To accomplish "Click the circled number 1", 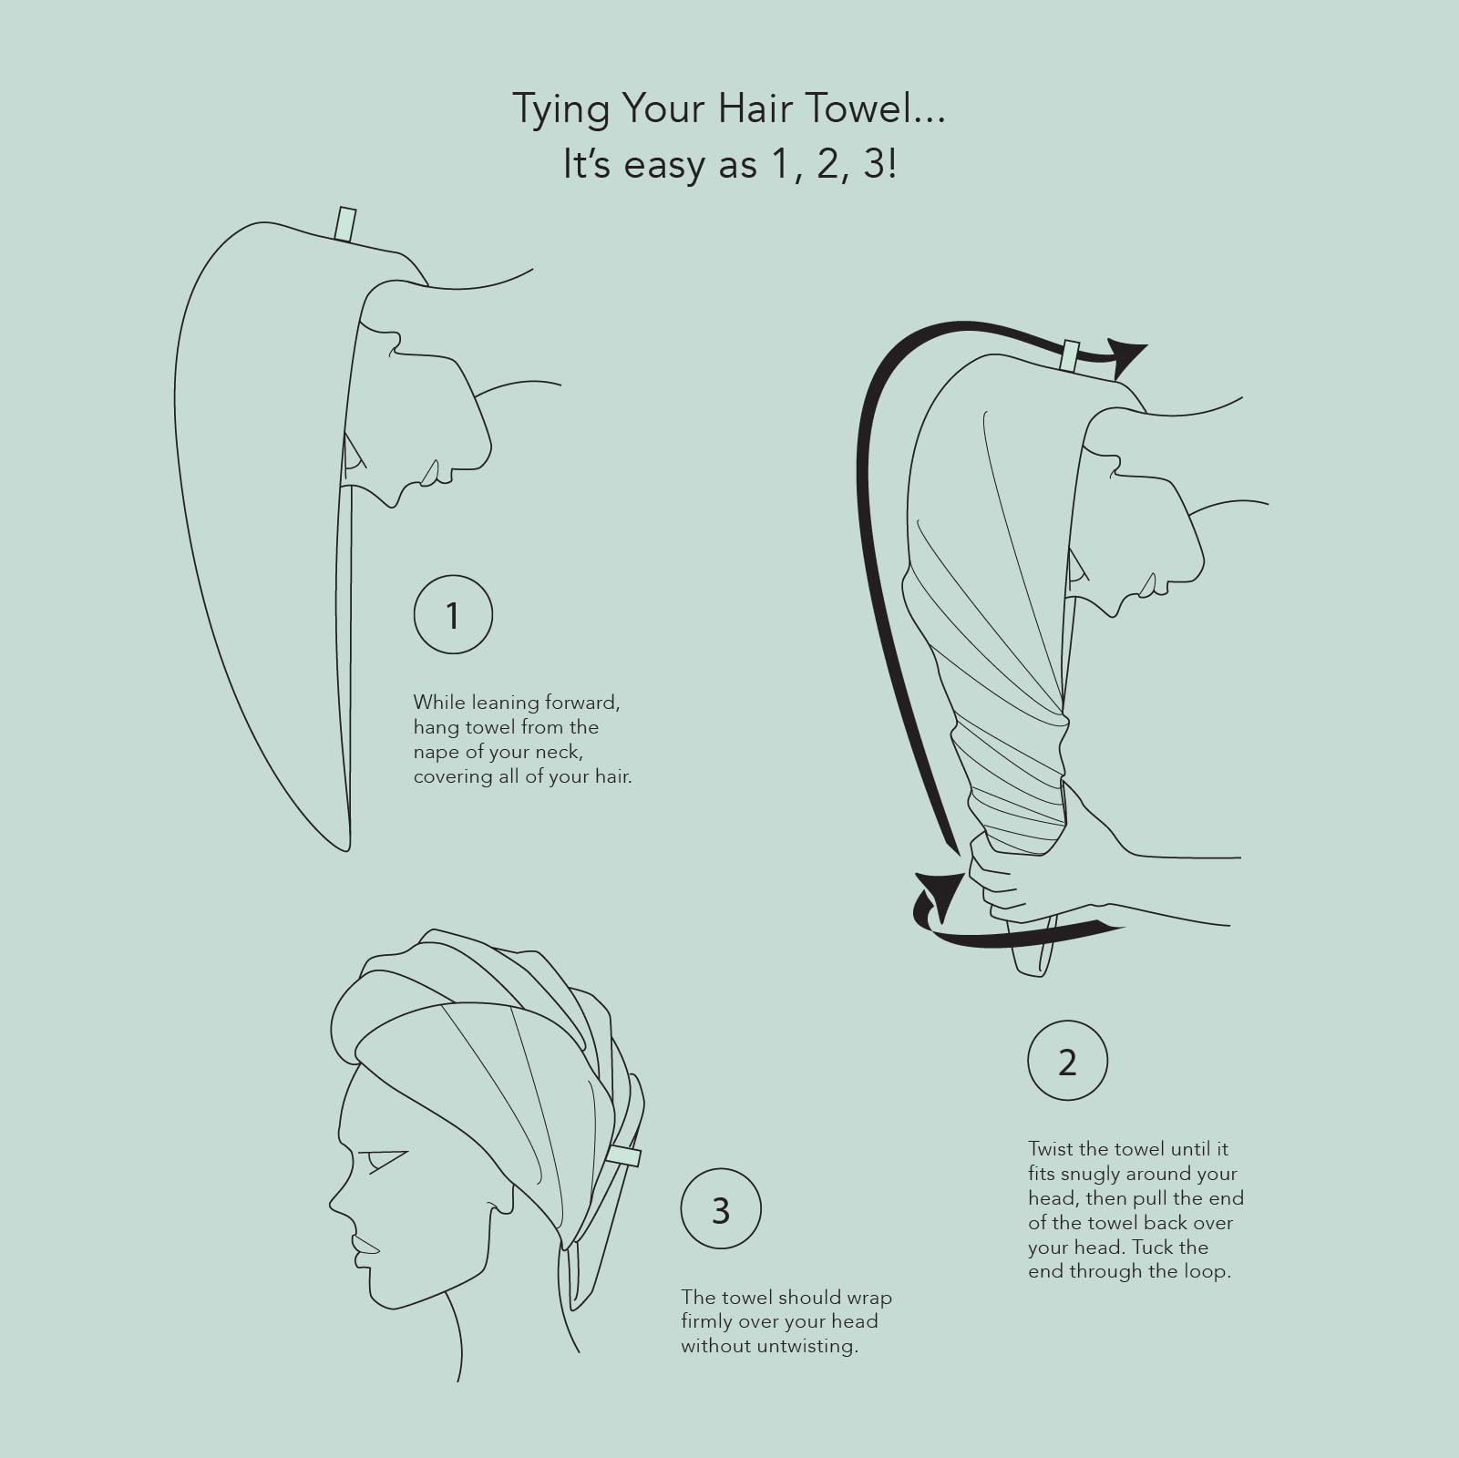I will coord(453,615).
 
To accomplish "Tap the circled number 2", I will coord(1066,1062).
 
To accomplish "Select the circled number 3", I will coord(720,1210).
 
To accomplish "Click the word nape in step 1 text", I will coord(436,753).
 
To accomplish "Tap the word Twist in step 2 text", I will coord(1050,1149).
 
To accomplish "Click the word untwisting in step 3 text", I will coord(807,1346).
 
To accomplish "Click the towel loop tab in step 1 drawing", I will coord(344,224).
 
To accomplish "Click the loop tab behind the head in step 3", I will coord(624,1156).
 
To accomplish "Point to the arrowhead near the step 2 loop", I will coord(1127,356).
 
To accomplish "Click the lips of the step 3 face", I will coord(363,1247).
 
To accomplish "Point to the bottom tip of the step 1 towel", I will coord(346,847).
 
